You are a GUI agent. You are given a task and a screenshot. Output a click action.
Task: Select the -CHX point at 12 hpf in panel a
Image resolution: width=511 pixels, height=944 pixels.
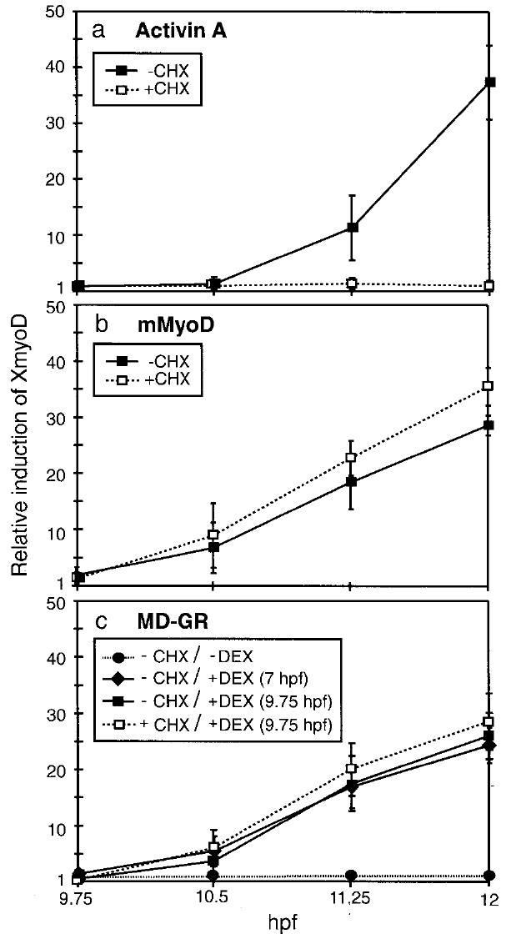click(489, 82)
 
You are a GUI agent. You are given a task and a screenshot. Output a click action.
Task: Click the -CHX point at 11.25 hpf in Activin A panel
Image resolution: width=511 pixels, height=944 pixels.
click(352, 227)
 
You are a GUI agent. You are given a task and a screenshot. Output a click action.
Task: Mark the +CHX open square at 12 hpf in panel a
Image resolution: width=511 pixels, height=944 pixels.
click(489, 286)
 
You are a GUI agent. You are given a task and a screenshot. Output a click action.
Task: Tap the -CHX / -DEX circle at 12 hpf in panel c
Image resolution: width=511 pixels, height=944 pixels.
click(489, 876)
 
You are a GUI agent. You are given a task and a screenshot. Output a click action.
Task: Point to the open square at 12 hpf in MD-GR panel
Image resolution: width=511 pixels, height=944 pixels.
click(489, 721)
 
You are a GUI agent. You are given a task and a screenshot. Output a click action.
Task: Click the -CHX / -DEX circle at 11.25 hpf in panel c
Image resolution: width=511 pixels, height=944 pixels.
click(352, 876)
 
